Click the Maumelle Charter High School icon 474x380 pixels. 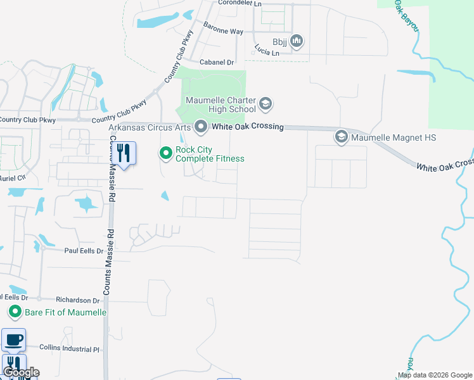(x=266, y=103)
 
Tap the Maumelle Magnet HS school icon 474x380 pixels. (x=342, y=137)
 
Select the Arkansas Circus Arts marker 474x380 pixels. (x=202, y=127)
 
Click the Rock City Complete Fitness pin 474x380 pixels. (x=166, y=153)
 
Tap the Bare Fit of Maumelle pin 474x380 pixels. (x=15, y=312)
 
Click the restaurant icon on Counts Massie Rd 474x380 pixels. (x=124, y=153)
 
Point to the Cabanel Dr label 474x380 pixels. (x=217, y=62)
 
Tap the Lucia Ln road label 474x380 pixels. (x=266, y=49)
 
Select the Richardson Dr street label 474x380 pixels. (x=78, y=301)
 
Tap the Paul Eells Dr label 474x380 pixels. (x=84, y=251)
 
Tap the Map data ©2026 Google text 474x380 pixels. (x=435, y=376)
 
